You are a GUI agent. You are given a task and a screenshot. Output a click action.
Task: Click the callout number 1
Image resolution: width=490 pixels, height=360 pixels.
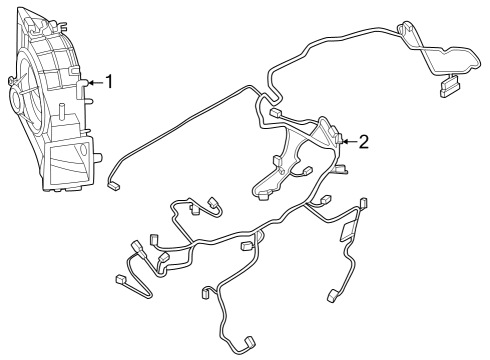click(111, 82)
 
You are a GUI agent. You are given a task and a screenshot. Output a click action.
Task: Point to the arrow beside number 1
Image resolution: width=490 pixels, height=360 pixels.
click(96, 82)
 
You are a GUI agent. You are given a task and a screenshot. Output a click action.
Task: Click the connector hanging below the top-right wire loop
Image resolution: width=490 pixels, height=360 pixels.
click(446, 91)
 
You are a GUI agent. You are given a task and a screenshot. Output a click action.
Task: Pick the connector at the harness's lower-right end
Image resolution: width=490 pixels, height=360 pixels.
click(331, 297)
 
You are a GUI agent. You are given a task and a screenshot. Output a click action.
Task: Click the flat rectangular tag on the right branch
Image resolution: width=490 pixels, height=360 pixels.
click(347, 232)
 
